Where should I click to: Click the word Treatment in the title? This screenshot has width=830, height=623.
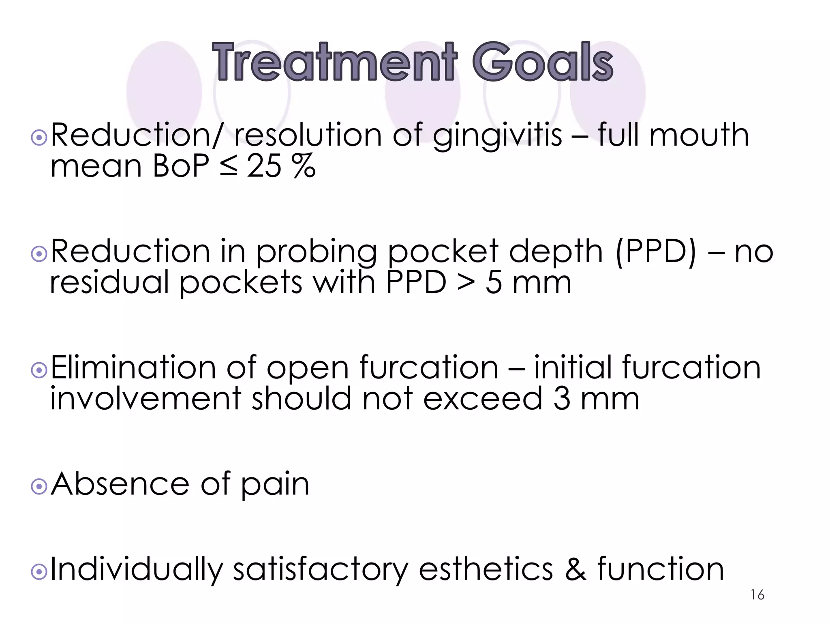(335, 63)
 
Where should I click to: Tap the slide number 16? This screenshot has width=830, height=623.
(757, 595)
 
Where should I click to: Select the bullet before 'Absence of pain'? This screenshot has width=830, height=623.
(39, 487)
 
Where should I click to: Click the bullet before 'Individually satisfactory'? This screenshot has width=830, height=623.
(39, 572)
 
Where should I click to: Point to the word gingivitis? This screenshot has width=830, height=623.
(497, 136)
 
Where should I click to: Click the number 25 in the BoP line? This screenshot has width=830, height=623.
(264, 166)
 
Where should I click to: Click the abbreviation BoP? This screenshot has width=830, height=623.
(181, 166)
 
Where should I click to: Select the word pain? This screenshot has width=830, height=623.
(275, 485)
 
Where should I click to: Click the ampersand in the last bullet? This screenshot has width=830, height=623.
(575, 569)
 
